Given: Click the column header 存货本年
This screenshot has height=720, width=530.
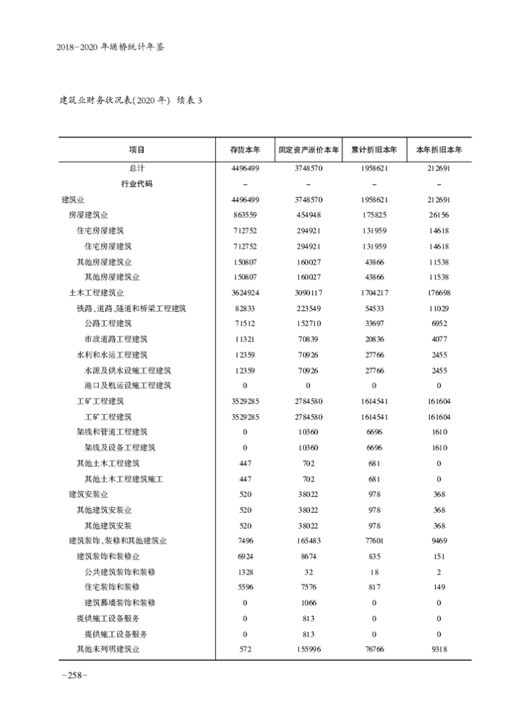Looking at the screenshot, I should [x=245, y=150].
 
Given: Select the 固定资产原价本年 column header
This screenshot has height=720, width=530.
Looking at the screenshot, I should [x=309, y=150].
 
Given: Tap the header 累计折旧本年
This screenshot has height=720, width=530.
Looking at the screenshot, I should [x=374, y=150].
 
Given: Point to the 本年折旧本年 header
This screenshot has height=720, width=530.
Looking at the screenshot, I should [x=439, y=150].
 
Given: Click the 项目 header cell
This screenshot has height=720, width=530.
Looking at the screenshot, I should [x=137, y=150].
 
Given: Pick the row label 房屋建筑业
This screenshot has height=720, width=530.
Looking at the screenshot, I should [x=88, y=215].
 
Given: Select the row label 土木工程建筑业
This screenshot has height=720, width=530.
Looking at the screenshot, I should [x=96, y=292].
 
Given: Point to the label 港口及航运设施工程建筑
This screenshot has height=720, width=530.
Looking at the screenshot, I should [x=128, y=385].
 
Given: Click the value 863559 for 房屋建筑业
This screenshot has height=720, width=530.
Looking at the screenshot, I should [x=245, y=215].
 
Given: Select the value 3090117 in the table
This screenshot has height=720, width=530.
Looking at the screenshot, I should [x=309, y=292].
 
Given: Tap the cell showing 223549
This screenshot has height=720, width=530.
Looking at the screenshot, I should [x=309, y=308].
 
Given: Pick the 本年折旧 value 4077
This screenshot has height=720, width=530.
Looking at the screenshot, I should [x=439, y=339].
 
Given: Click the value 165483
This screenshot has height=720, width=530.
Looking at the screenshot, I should [x=309, y=541].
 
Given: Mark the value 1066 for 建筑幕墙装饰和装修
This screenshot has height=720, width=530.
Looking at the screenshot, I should [x=309, y=603].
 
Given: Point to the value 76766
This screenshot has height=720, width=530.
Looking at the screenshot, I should [x=374, y=649].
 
